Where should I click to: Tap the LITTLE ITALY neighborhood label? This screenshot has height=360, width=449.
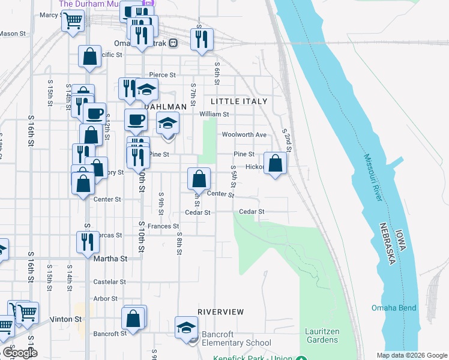(239, 101)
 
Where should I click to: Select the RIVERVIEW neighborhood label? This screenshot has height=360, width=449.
(221, 312)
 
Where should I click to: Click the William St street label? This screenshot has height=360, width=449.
(214, 114)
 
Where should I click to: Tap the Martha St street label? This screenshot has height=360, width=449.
(111, 259)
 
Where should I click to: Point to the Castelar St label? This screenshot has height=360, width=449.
(109, 281)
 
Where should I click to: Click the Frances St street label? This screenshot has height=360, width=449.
(163, 226)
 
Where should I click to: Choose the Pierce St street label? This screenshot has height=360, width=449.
(162, 75)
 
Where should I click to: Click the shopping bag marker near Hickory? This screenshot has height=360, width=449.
(275, 163)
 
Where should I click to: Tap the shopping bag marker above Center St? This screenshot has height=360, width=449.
(199, 178)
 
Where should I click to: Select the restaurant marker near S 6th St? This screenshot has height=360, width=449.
(200, 39)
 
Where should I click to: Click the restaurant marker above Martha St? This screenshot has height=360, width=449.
(88, 241)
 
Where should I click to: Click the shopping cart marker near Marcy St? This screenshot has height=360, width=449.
(73, 21)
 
